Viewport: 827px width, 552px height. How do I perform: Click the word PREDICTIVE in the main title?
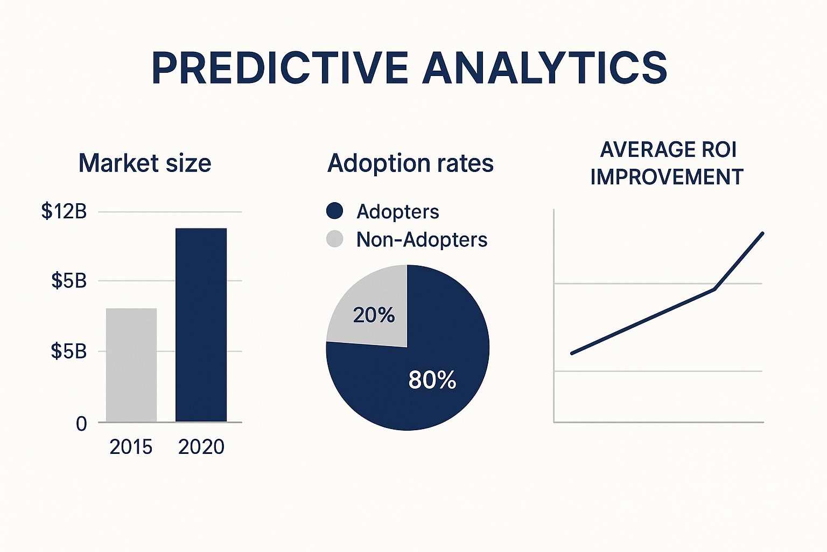click(x=279, y=68)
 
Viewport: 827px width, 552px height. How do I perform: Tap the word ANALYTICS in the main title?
click(x=544, y=68)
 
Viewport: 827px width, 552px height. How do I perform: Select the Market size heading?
click(x=145, y=163)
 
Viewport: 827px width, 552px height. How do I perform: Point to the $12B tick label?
click(x=64, y=211)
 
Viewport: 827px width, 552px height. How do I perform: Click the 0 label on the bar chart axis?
click(x=81, y=424)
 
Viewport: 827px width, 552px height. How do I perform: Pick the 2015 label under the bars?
click(x=131, y=447)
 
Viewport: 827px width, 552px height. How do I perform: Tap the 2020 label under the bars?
click(x=201, y=447)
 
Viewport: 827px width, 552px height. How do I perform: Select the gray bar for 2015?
click(x=131, y=365)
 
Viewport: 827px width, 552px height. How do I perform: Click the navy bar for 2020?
click(x=201, y=325)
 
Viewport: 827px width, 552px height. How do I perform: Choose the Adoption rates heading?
click(x=410, y=163)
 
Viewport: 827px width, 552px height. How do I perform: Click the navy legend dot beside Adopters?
click(x=334, y=211)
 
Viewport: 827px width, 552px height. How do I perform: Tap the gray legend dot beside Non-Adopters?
click(x=334, y=239)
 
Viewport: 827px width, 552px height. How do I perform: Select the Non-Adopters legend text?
click(x=422, y=239)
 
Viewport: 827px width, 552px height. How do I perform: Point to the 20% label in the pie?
click(x=374, y=315)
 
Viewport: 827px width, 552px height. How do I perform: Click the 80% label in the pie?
click(x=432, y=380)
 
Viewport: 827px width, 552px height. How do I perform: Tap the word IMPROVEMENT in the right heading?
click(x=667, y=177)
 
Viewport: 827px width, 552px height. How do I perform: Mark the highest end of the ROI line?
click(x=762, y=233)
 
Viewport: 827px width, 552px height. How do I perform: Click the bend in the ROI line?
click(x=714, y=289)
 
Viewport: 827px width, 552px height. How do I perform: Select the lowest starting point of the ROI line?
click(x=572, y=353)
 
